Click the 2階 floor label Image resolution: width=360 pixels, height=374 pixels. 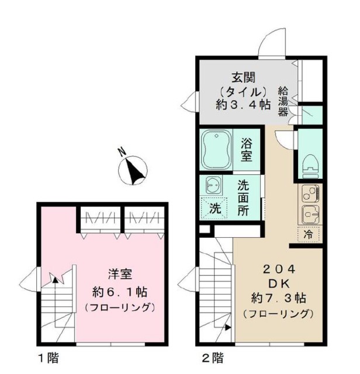(x=213, y=358)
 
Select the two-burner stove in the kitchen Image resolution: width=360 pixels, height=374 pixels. (x=309, y=193)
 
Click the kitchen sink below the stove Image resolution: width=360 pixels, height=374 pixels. (x=309, y=213)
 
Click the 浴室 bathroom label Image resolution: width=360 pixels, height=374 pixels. (x=247, y=149)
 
